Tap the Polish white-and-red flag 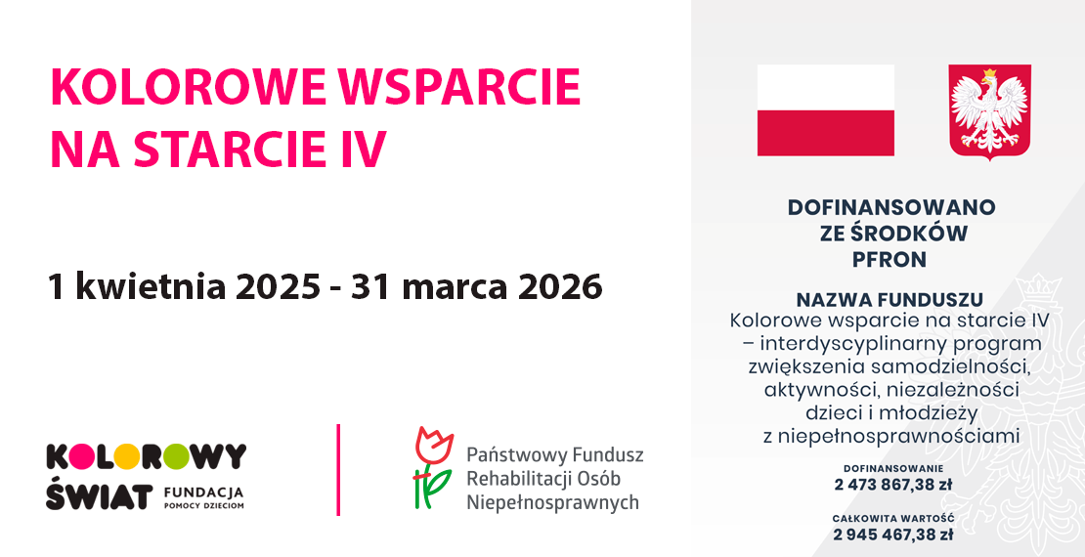(x=826, y=110)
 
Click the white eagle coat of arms (x=989, y=111)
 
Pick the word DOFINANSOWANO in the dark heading (x=891, y=207)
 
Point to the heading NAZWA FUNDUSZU (x=890, y=300)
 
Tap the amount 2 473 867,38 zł (x=892, y=485)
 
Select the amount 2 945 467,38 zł (x=892, y=535)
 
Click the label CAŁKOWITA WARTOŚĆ (x=893, y=518)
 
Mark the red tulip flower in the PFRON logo (x=433, y=445)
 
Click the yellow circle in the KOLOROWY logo (x=126, y=456)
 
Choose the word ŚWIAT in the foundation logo (x=100, y=495)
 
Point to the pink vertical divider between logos (x=337, y=470)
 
